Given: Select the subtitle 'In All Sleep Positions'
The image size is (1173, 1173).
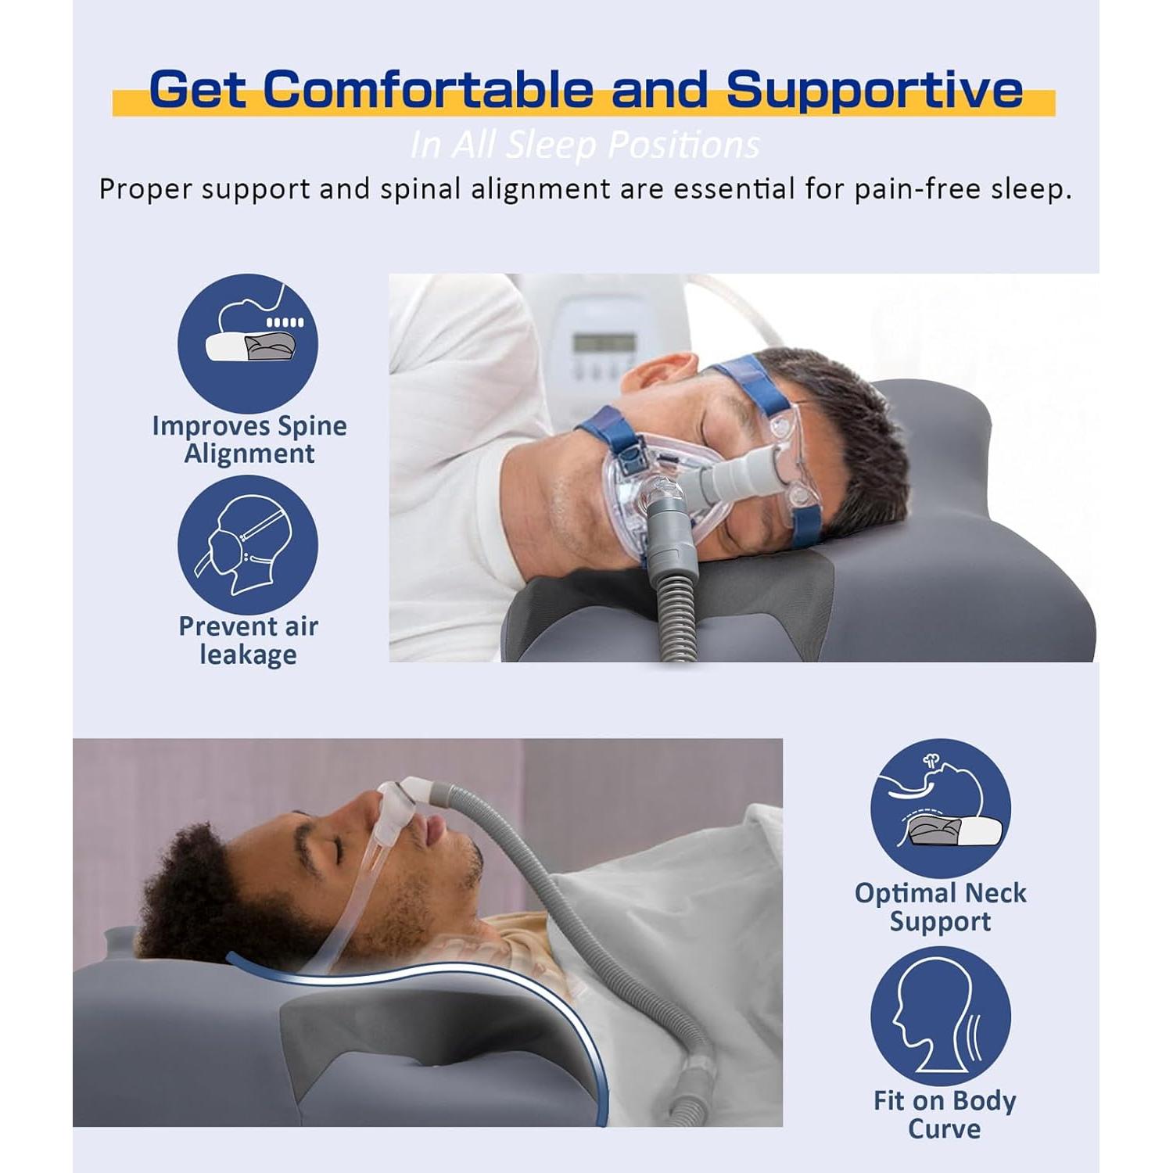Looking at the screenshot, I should tap(585, 145).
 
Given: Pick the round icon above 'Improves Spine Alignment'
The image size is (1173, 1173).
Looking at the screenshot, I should tap(248, 343).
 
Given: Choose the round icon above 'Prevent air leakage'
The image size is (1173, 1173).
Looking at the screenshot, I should tap(248, 545).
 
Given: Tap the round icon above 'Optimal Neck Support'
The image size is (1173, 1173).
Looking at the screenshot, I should tap(941, 809).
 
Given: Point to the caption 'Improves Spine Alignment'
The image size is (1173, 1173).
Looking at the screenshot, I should tap(249, 439).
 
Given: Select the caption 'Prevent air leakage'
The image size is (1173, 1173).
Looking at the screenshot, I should tap(248, 640).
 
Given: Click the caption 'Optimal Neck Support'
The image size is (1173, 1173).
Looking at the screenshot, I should tap(941, 907).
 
